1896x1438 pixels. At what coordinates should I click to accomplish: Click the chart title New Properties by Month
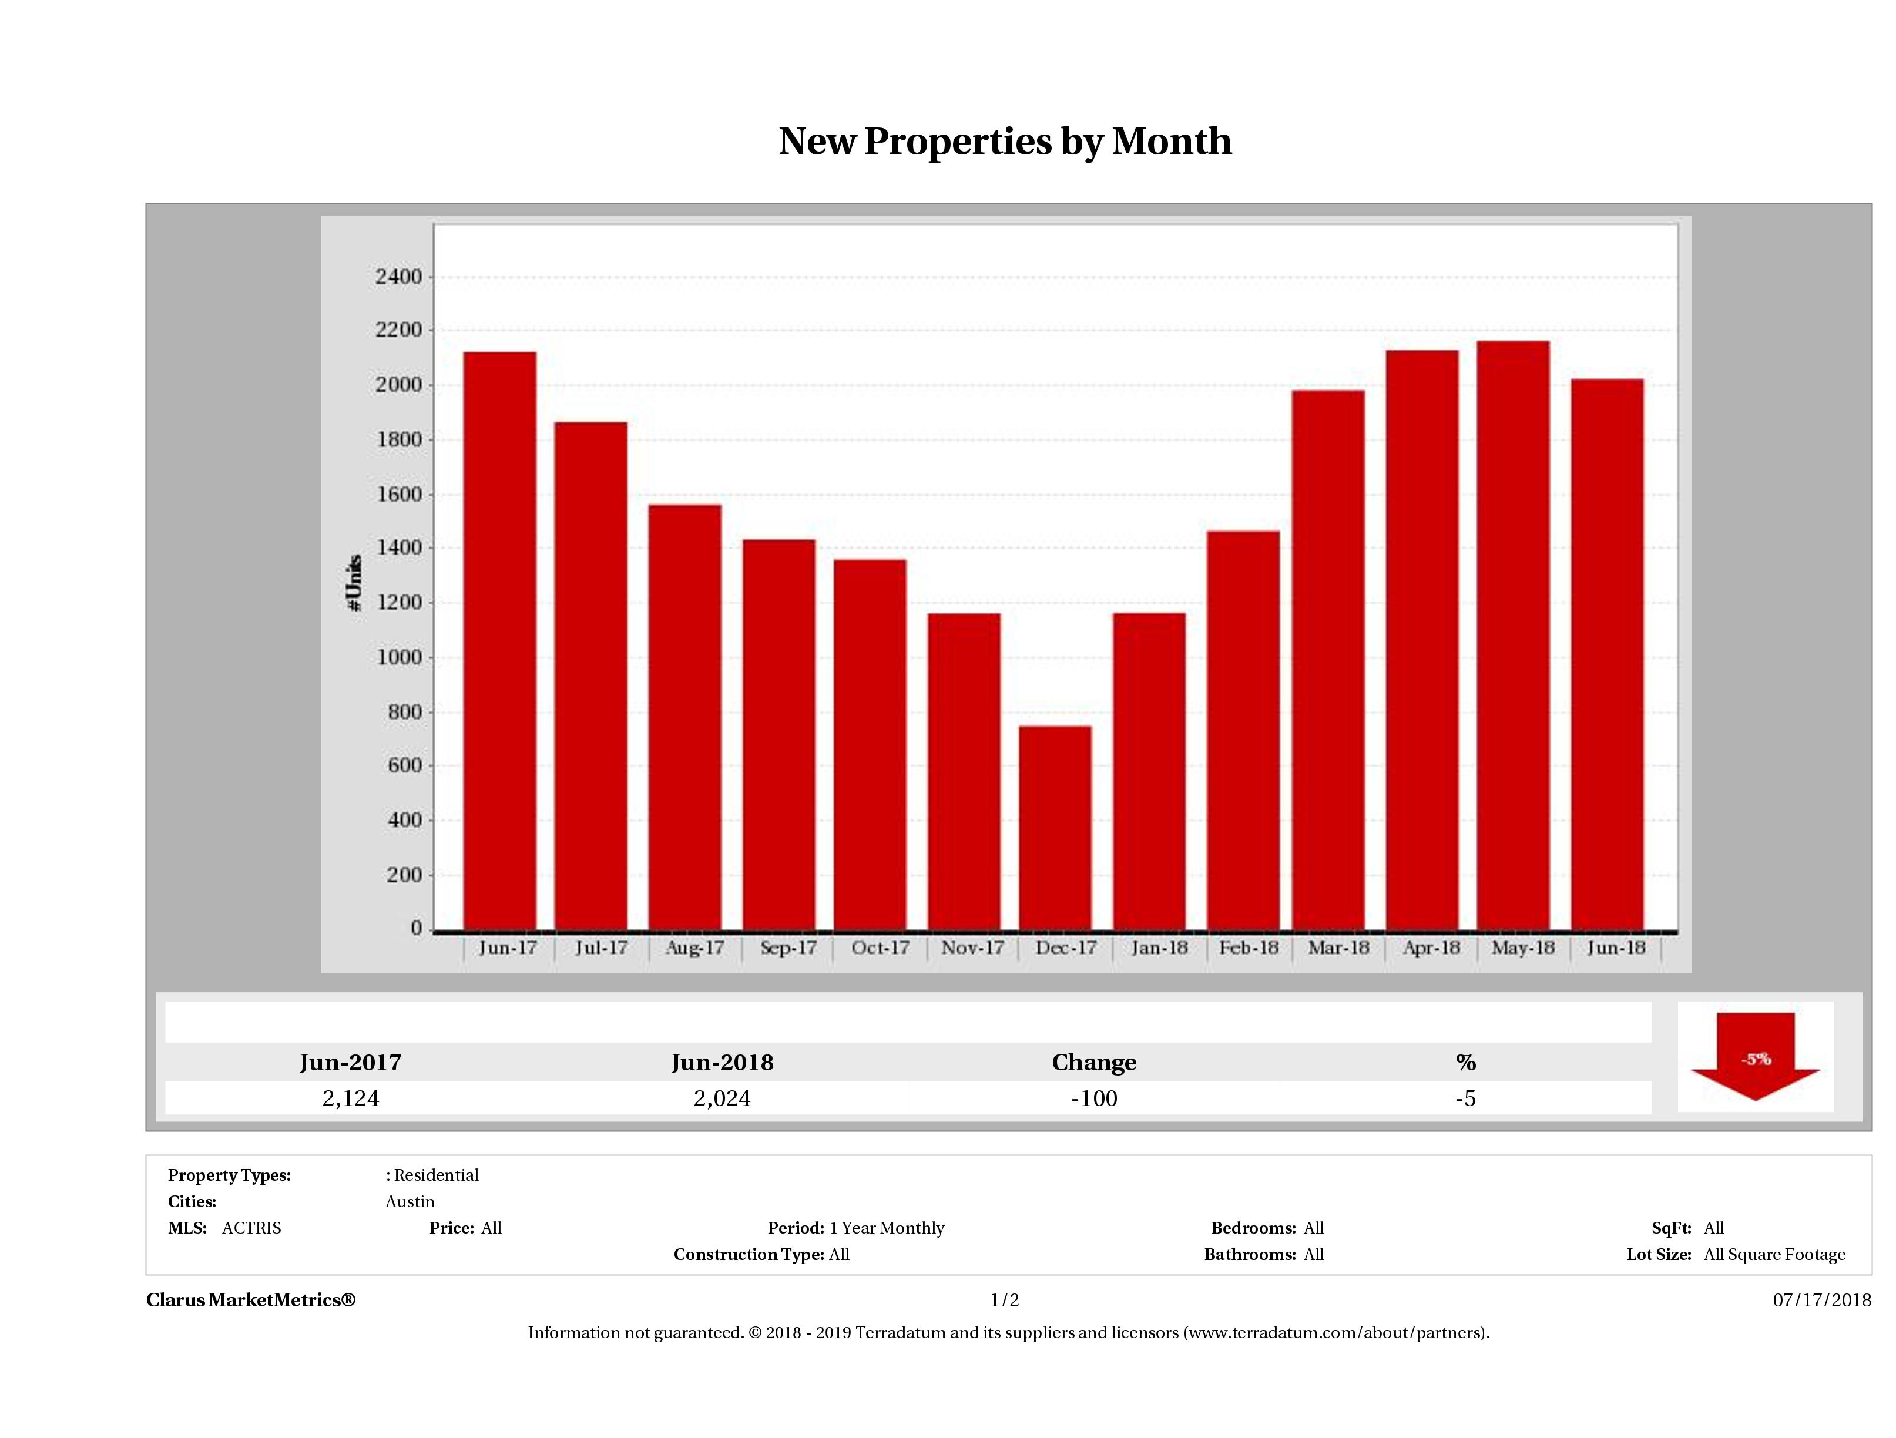1005,142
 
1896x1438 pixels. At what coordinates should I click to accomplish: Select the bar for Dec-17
1055,827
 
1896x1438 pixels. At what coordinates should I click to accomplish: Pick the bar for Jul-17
590,676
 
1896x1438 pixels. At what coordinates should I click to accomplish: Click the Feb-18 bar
1243,730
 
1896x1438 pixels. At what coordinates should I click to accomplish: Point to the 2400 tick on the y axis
398,277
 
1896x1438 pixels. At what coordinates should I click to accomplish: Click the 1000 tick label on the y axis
398,657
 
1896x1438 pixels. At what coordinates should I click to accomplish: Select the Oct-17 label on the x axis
880,948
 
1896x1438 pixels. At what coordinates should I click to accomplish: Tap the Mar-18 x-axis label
1338,948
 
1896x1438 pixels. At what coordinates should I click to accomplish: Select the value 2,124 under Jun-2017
351,1098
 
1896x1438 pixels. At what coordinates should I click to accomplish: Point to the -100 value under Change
1094,1098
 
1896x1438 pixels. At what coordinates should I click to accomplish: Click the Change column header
1094,1063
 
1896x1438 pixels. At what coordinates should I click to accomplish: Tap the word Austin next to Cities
410,1201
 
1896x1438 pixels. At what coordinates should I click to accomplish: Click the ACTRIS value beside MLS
251,1228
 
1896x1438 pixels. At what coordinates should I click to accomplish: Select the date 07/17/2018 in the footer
1821,1300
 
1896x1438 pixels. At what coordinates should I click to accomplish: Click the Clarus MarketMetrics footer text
250,1300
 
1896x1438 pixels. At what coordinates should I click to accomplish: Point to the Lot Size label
1659,1255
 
